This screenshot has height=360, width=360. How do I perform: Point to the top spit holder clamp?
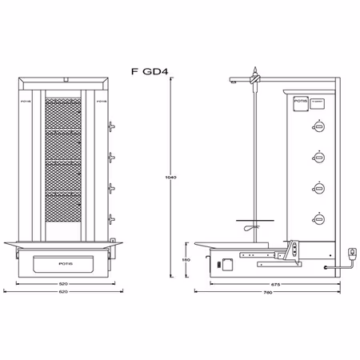pyautogui.click(x=254, y=78)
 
